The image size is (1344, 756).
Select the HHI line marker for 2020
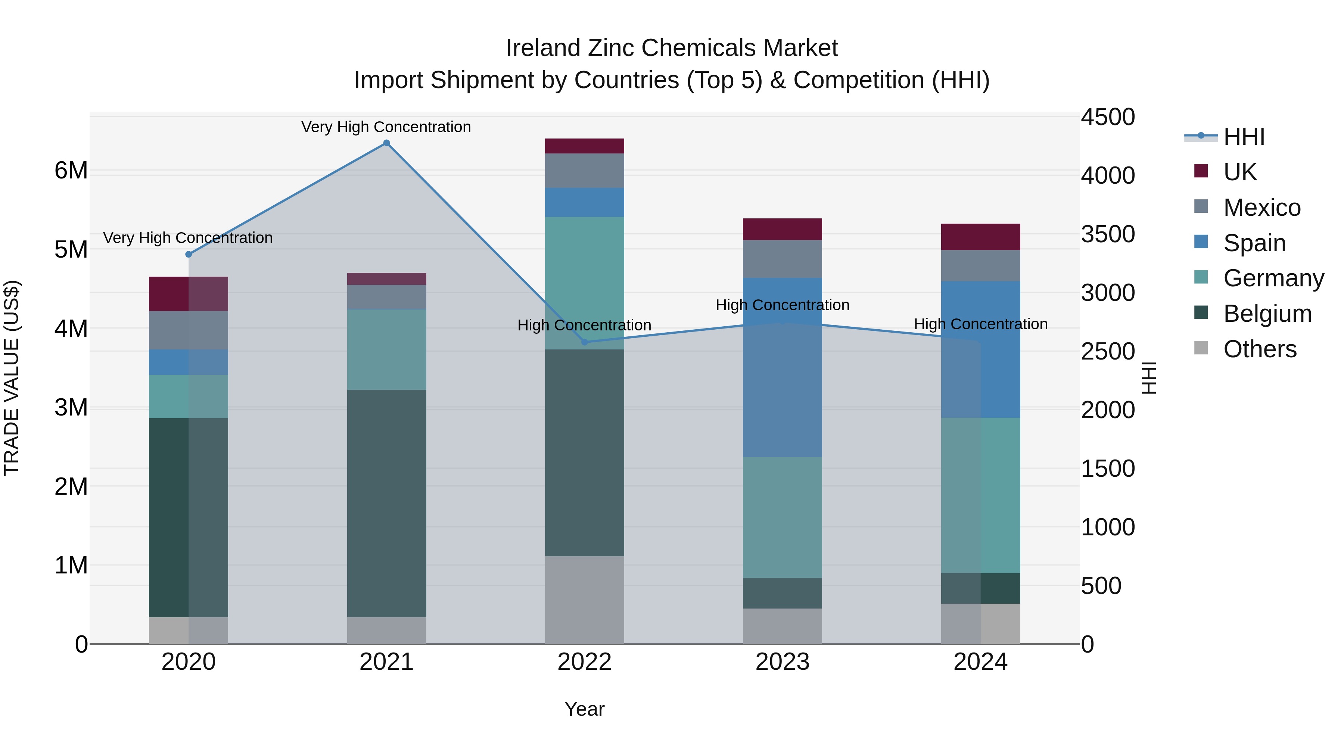pyautogui.click(x=189, y=255)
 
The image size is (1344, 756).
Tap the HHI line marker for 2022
pyautogui.click(x=584, y=342)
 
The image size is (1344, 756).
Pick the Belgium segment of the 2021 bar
pyautogui.click(x=387, y=504)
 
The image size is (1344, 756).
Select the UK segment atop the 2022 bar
pyautogui.click(x=584, y=146)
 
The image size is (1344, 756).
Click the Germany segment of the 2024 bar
pyautogui.click(x=980, y=496)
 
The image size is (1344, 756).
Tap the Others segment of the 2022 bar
pyautogui.click(x=584, y=600)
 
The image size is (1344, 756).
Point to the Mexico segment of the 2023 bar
pyautogui.click(x=782, y=259)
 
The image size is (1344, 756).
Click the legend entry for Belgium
pyautogui.click(x=1267, y=314)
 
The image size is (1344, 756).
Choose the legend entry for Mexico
pyautogui.click(x=1261, y=208)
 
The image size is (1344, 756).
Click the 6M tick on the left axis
pyautogui.click(x=71, y=171)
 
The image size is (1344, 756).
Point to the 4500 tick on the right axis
pyautogui.click(x=1107, y=117)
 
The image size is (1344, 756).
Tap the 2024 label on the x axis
pyautogui.click(x=980, y=662)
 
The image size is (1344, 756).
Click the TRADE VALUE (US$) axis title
pyautogui.click(x=12, y=378)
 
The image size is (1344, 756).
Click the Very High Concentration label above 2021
pyautogui.click(x=386, y=127)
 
